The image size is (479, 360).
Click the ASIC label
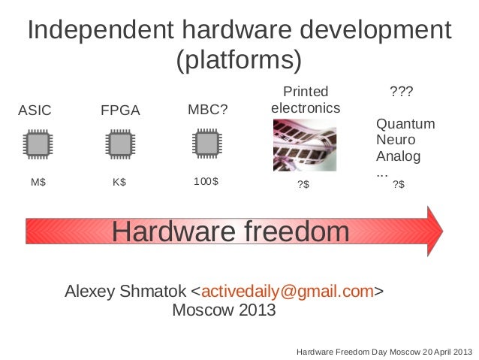[x=35, y=110]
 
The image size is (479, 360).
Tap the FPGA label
[x=120, y=110]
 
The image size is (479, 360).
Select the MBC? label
[x=206, y=110]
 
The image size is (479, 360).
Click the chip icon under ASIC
[x=36, y=144]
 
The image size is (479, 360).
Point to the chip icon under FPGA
[x=119, y=144]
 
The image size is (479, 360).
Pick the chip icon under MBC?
[x=204, y=144]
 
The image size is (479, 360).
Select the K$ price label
[x=119, y=182]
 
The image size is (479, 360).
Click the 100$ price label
[x=206, y=182]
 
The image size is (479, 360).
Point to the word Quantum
[x=405, y=124]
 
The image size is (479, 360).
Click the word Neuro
[x=394, y=141]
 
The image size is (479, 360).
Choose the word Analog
[x=398, y=157]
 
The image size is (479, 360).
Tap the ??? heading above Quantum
[x=399, y=92]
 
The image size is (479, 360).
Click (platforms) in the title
[x=239, y=59]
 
